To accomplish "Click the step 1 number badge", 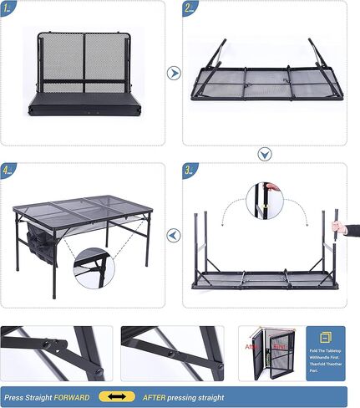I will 8,9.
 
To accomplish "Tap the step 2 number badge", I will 190,9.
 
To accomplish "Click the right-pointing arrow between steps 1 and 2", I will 174,73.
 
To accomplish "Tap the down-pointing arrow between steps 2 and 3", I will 264,154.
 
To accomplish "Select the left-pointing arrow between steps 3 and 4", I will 174,236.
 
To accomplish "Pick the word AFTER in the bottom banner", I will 155,397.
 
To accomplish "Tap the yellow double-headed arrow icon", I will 116,397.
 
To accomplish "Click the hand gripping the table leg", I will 337,227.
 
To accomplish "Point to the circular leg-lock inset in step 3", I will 264,203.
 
